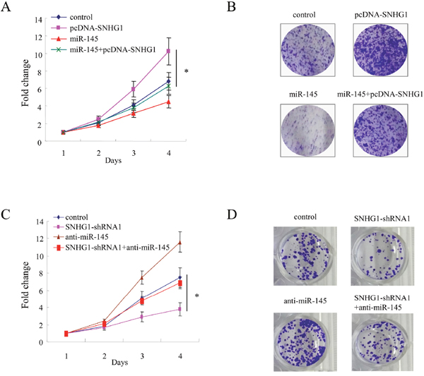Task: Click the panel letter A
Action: [x=6, y=6]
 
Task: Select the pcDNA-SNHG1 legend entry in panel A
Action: [x=87, y=28]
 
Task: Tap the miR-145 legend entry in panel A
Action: [x=75, y=39]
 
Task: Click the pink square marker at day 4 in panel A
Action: [x=168, y=51]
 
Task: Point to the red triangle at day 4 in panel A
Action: [x=168, y=102]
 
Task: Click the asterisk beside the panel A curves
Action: [x=187, y=71]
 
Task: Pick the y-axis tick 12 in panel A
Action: [x=39, y=37]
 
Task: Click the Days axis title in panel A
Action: [x=113, y=161]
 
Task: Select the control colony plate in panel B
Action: [x=307, y=50]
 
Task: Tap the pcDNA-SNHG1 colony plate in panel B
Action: [x=380, y=50]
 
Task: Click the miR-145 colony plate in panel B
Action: [x=307, y=131]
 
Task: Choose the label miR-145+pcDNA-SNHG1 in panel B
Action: [x=380, y=95]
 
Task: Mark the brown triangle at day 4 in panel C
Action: [x=179, y=243]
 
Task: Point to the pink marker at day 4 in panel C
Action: [x=179, y=309]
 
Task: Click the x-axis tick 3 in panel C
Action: [x=142, y=356]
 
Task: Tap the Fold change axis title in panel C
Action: [x=25, y=285]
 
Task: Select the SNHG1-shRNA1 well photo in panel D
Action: [x=382, y=256]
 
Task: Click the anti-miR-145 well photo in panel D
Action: [x=305, y=342]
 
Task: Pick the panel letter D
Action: [x=232, y=214]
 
